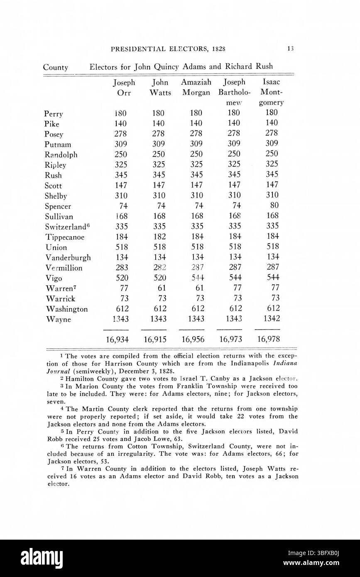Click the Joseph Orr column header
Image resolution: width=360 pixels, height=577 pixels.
[x=124, y=88]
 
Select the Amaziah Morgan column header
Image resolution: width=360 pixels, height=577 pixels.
[x=196, y=88]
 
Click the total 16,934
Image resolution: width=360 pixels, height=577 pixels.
[x=118, y=339]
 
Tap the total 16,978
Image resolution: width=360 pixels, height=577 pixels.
[x=269, y=339]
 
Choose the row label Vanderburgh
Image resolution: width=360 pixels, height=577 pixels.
[x=67, y=258]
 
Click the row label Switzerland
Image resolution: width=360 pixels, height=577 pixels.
[x=64, y=227]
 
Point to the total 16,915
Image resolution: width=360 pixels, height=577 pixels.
[x=155, y=339]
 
